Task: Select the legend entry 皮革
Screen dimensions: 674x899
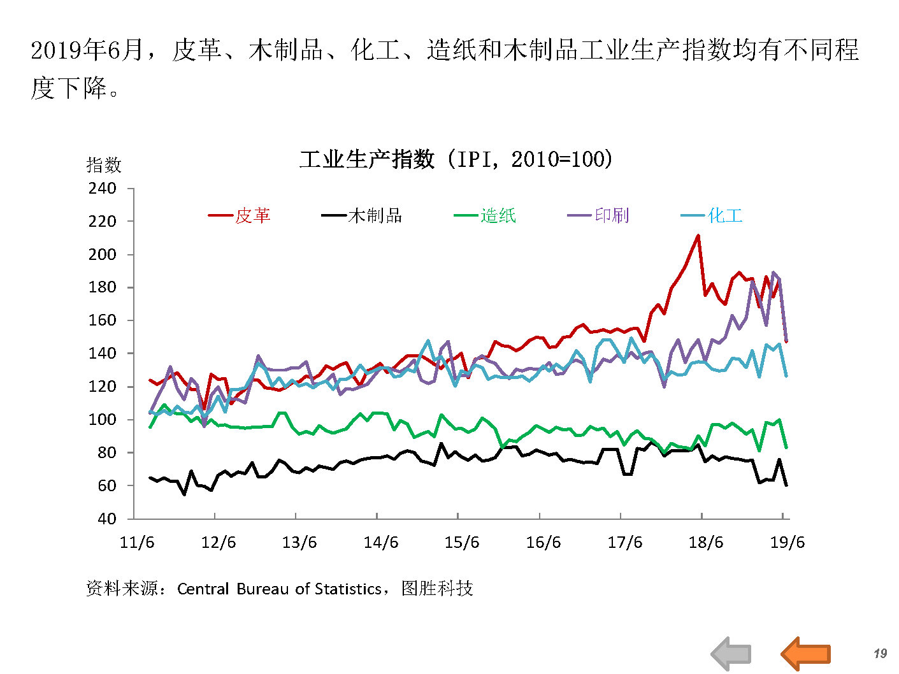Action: pos(252,215)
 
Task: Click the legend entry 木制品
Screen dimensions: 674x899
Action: pos(375,215)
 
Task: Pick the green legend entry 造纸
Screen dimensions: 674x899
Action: pos(498,215)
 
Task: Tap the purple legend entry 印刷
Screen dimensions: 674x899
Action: pos(612,215)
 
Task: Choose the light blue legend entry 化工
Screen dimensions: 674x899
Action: pos(725,215)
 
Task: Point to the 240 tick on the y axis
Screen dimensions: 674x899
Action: pos(103,189)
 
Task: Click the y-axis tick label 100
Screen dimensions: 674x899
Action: pos(103,419)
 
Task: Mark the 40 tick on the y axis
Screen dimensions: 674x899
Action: pos(106,519)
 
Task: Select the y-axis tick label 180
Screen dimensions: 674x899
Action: pos(103,287)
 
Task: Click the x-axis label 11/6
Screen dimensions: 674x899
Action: pos(137,542)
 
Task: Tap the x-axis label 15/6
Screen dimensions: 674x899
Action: pos(462,542)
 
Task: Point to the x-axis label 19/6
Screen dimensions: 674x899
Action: pos(788,542)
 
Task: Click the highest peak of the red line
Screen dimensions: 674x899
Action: pos(698,236)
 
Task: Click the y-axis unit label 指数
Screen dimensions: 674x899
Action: pos(104,166)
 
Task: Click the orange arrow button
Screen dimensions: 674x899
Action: pos(806,653)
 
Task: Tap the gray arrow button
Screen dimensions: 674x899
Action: pos(731,653)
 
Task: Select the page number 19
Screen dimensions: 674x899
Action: pos(880,653)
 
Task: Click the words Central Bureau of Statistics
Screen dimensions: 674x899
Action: pos(279,589)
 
